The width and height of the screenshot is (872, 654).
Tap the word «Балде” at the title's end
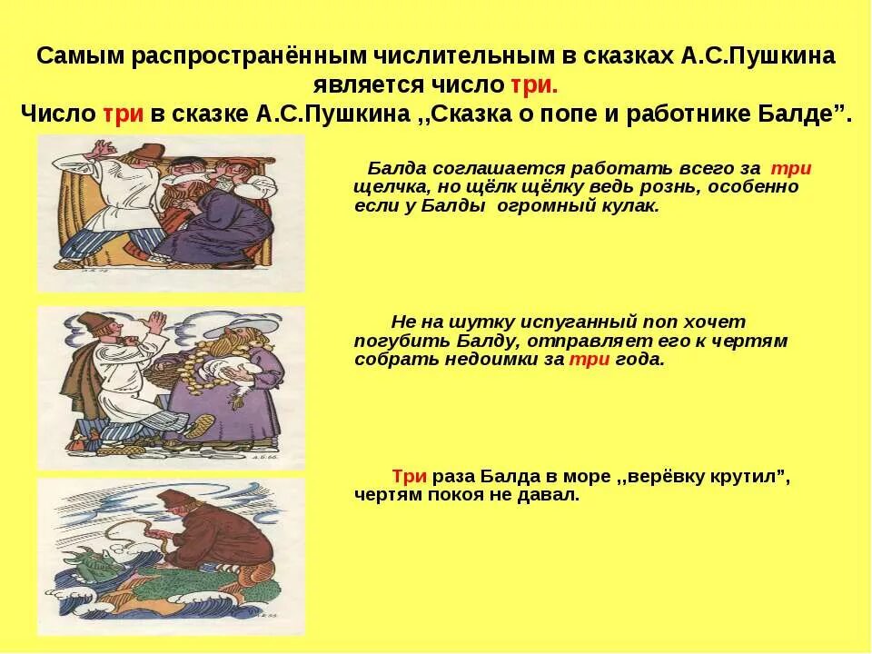[x=808, y=115]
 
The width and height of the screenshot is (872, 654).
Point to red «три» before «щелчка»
[x=791, y=169]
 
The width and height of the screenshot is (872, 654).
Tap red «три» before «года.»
[x=582, y=359]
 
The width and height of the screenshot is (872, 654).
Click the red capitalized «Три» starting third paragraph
[x=409, y=477]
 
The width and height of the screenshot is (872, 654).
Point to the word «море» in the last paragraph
[x=564, y=477]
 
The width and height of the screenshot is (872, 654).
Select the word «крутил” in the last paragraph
[x=746, y=477]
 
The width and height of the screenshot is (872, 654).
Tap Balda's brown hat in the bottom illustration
[x=173, y=500]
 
